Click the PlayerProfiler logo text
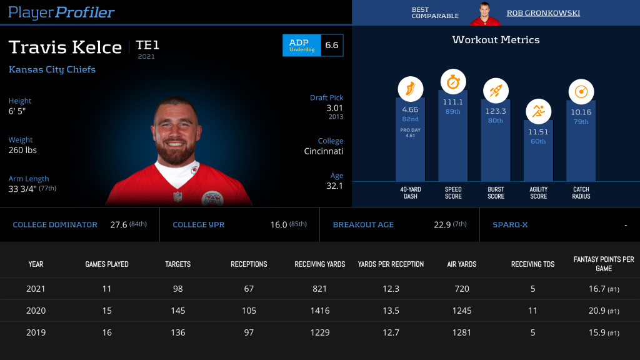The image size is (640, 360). point(61,12)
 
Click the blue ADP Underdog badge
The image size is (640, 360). point(302,45)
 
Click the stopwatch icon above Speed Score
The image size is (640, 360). point(453,82)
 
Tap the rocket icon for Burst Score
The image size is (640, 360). point(496,91)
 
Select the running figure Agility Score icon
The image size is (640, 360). point(538,112)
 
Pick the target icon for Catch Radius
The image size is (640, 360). point(581,92)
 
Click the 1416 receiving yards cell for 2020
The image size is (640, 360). point(319,311)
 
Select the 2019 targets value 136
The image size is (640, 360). point(178,332)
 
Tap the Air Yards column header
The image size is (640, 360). point(462,264)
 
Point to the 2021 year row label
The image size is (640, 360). point(36,289)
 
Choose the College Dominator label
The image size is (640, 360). point(55,225)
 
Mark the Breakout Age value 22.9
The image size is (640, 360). point(442,225)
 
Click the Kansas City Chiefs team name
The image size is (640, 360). point(52,69)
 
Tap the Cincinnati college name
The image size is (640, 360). point(323,151)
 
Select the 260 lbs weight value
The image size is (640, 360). point(22,150)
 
